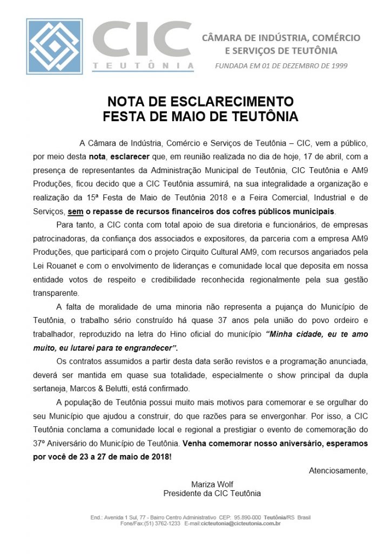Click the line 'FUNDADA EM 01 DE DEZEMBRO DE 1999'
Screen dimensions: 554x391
tap(281, 66)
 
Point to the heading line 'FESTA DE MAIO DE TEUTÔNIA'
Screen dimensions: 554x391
tap(200, 116)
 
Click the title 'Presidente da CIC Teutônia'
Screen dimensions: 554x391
tap(212, 493)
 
